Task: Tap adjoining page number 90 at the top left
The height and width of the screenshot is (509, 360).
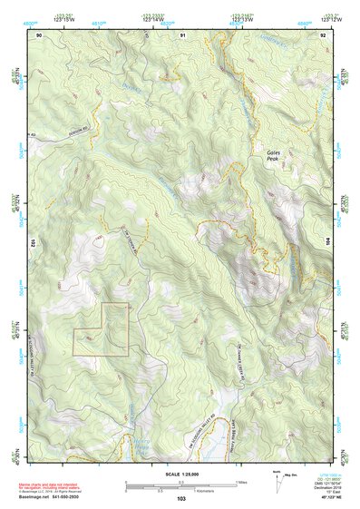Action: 39,34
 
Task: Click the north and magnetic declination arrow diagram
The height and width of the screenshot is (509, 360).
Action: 277,482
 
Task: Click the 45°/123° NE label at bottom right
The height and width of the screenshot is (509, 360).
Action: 323,498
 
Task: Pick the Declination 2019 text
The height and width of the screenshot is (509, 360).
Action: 323,488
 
